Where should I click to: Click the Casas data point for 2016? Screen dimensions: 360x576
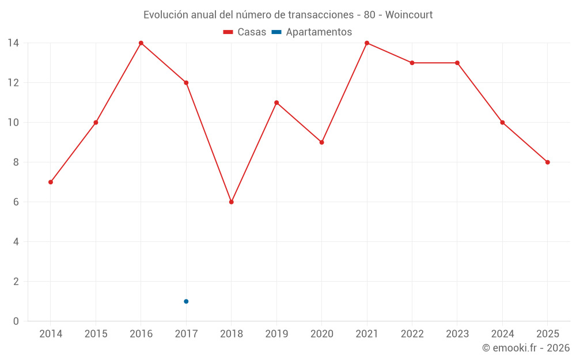click(x=141, y=43)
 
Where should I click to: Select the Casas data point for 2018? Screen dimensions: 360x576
click(x=232, y=202)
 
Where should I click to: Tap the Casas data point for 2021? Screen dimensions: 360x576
click(x=367, y=43)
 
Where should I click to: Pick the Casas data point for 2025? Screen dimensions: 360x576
click(x=548, y=162)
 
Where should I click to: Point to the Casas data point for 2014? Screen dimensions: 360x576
click(x=51, y=182)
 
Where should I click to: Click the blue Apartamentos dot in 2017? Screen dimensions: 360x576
click(x=186, y=301)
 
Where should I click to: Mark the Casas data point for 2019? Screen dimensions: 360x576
click(x=276, y=103)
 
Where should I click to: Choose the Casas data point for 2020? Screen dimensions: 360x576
click(x=321, y=142)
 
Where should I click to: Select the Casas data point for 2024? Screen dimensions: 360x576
click(x=502, y=123)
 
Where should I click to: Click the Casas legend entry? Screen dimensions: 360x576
click(x=245, y=32)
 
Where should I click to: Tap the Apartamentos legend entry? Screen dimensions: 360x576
click(x=312, y=32)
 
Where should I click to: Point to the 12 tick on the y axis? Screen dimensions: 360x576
click(x=13, y=83)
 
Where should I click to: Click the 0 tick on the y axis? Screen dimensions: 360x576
click(x=16, y=321)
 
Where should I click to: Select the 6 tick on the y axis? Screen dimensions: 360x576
click(x=16, y=202)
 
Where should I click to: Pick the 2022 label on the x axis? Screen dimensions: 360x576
click(x=412, y=334)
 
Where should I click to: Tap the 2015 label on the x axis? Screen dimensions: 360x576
click(x=96, y=334)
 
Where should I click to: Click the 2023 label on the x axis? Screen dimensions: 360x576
click(x=457, y=334)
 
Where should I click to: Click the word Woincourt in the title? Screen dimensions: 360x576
click(x=408, y=14)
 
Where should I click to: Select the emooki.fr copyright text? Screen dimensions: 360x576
click(x=526, y=348)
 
